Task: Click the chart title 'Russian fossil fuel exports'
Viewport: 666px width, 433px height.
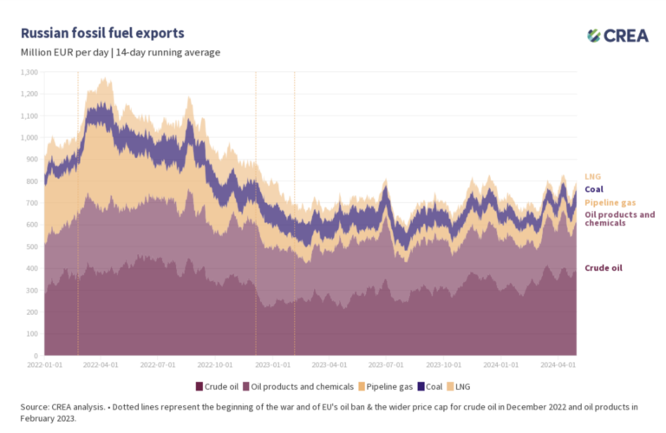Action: tap(102, 34)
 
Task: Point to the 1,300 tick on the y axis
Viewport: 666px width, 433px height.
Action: tap(29, 72)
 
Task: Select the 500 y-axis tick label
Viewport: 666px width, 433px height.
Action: tap(31, 246)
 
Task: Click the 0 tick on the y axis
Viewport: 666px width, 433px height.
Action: tap(36, 356)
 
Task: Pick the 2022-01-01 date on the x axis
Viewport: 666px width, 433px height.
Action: tap(45, 366)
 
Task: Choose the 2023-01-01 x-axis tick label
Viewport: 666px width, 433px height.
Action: tap(276, 366)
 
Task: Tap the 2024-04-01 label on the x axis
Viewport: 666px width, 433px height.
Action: tap(555, 366)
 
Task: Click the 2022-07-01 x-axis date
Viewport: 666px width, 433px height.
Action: tap(158, 366)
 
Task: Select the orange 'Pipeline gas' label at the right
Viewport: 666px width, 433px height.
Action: tap(610, 202)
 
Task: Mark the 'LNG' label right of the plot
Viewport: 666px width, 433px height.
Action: tap(593, 176)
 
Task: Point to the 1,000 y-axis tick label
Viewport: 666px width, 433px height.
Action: tap(29, 137)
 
